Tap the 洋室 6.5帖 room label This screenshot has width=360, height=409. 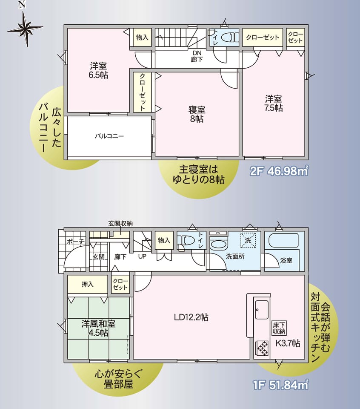click(98, 70)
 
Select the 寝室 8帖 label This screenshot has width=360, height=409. click(197, 114)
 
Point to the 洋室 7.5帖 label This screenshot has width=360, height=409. click(274, 103)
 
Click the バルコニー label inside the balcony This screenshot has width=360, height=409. click(109, 136)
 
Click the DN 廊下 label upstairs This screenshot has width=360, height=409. click(197, 57)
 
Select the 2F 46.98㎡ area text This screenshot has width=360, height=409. click(279, 171)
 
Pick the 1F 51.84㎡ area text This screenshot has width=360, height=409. click(280, 385)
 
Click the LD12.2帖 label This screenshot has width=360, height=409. click(191, 317)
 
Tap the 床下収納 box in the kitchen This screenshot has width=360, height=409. click(279, 328)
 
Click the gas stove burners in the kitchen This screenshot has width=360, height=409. click(262, 349)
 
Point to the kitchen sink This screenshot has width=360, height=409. click(262, 310)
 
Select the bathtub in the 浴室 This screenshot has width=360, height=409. click(283, 240)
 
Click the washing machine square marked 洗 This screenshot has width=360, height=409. click(248, 240)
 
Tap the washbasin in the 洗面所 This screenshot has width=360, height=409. click(219, 244)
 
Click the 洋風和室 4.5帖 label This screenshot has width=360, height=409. click(98, 328)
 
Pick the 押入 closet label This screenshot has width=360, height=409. click(88, 284)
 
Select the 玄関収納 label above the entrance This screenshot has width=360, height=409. click(120, 224)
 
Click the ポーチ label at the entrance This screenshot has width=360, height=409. click(75, 241)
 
